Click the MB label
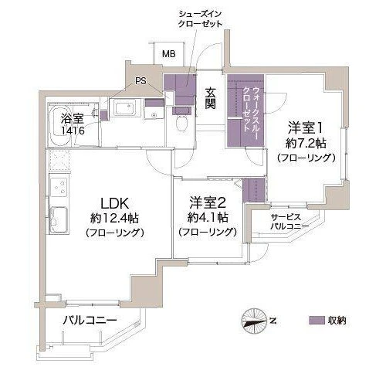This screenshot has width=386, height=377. [169, 54]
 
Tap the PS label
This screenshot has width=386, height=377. [141, 81]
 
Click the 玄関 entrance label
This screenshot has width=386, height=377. [211, 98]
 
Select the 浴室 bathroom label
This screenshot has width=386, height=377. [72, 119]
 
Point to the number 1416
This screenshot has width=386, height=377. [73, 131]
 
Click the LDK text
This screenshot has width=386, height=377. [114, 203]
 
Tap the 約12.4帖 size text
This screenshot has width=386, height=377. [114, 219]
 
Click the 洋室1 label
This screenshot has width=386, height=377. [305, 128]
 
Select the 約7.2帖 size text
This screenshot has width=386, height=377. [306, 143]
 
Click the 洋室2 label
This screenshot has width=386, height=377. [208, 202]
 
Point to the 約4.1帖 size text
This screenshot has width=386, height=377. [208, 218]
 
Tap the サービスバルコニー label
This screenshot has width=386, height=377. [289, 222]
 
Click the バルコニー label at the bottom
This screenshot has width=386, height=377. [90, 321]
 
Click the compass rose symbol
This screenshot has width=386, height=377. [255, 321]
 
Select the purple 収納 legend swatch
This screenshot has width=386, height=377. [317, 321]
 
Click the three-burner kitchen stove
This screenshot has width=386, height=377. [59, 187]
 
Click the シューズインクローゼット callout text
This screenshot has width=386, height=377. [200, 19]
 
